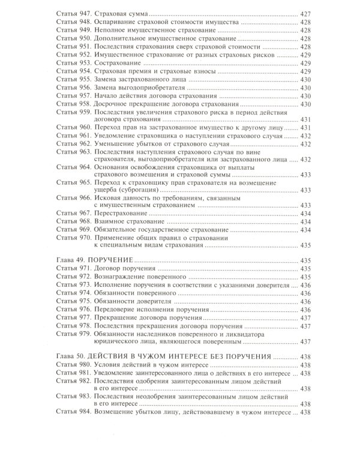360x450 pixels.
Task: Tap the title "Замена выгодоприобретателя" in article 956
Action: (x=144, y=87)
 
